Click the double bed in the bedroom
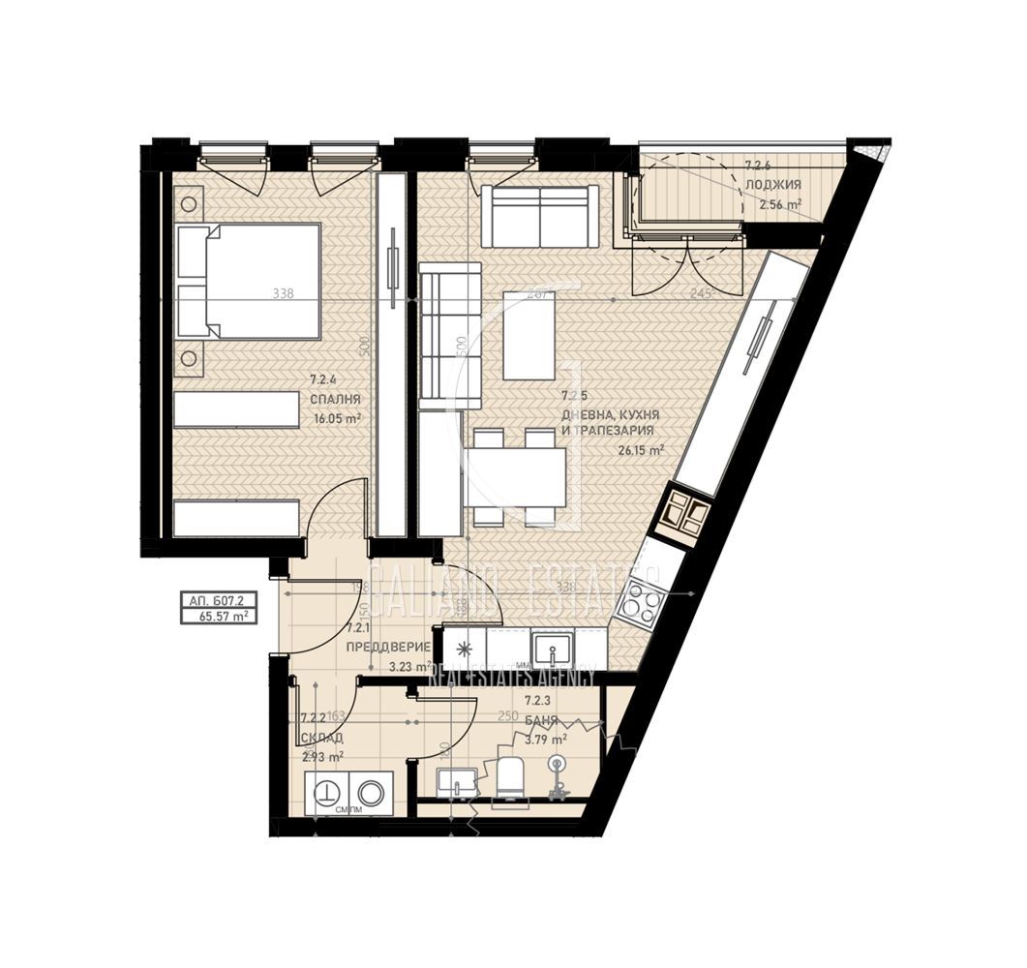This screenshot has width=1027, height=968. (x=250, y=281)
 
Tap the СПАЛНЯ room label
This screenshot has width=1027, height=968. (x=335, y=399)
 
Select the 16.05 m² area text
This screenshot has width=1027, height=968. (x=335, y=417)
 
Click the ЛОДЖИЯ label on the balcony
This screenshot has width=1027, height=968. (x=772, y=185)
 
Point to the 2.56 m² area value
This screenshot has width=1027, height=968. (x=779, y=204)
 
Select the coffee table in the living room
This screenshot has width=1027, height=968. (x=529, y=334)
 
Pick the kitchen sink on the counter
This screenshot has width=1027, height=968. (x=553, y=646)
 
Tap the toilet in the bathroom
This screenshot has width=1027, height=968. (x=509, y=779)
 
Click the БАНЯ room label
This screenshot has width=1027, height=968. (x=539, y=720)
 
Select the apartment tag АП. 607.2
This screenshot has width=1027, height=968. (x=218, y=600)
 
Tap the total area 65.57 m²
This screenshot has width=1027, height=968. (x=218, y=615)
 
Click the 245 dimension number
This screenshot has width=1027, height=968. (x=702, y=294)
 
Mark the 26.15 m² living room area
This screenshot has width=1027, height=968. (x=641, y=450)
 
